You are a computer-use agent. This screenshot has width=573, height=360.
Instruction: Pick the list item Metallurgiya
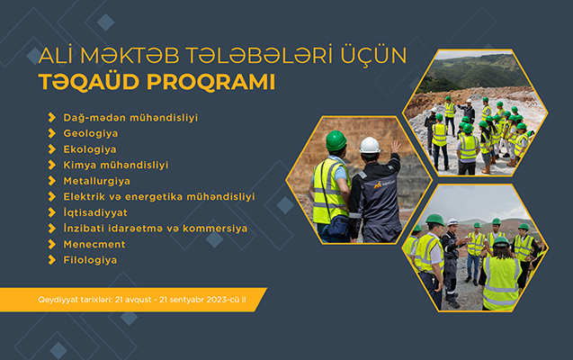[96, 180]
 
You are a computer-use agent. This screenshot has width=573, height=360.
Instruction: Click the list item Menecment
[95, 244]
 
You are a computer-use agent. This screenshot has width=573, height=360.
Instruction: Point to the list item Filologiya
[90, 260]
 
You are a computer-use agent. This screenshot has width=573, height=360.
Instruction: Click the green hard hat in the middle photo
[336, 141]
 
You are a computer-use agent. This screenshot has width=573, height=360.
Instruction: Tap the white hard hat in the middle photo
[370, 145]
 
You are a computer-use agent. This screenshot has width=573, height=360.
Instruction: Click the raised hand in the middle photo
[395, 146]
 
